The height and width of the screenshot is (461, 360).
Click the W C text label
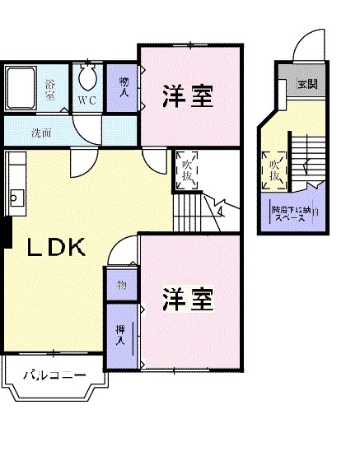click(x=88, y=100)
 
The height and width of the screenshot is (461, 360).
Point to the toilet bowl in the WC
click(x=87, y=80)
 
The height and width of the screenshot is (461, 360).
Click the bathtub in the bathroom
click(x=23, y=86)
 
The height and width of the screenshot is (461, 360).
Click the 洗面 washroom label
click(x=41, y=132)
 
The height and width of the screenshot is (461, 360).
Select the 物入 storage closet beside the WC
click(x=124, y=87)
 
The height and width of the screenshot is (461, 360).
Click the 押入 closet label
click(x=120, y=335)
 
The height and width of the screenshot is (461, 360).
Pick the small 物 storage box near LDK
click(x=121, y=286)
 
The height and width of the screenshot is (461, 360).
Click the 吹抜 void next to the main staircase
click(x=187, y=169)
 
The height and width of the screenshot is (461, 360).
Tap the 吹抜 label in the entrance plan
click(x=274, y=169)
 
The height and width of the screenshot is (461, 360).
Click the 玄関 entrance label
click(x=306, y=84)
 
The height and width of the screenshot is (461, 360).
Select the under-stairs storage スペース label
click(x=292, y=215)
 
